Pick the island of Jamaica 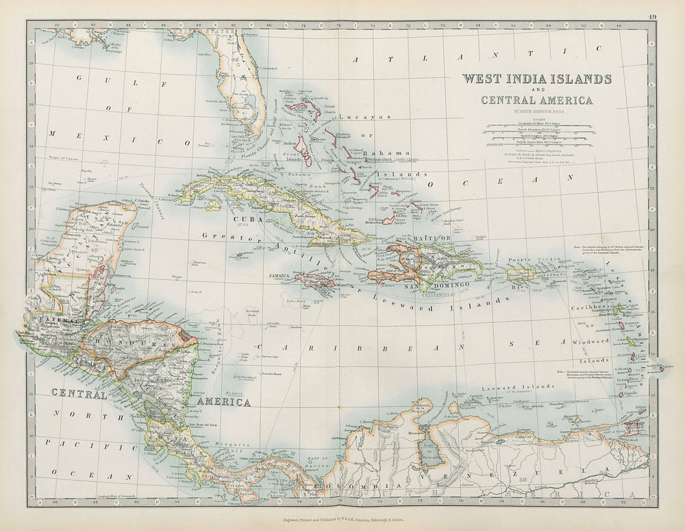(x=314, y=280)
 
